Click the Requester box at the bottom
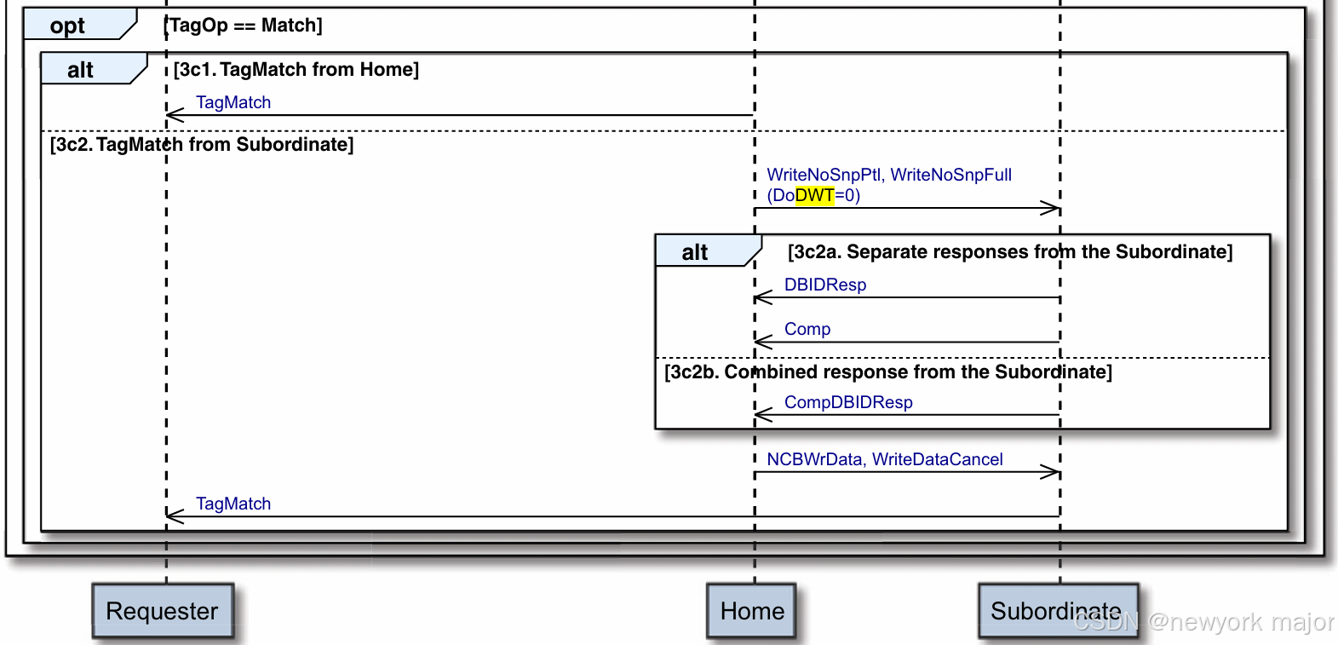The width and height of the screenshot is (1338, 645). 162,611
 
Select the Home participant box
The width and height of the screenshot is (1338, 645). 751,611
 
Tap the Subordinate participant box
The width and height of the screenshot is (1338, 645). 1056,610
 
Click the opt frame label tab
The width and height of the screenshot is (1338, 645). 68,26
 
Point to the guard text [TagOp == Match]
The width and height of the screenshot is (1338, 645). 244,26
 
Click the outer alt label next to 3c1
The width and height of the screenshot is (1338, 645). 81,70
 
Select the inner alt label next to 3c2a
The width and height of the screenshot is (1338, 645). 695,252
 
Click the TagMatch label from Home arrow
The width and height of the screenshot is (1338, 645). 233,102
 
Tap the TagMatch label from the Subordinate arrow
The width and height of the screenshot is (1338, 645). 233,504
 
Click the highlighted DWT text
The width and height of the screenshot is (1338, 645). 814,195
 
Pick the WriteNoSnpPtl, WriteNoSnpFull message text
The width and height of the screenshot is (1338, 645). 889,175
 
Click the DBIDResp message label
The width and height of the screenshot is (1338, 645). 824,285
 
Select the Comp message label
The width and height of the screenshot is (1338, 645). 807,329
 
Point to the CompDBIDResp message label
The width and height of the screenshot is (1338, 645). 847,402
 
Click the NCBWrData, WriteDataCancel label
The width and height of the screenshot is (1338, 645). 884,459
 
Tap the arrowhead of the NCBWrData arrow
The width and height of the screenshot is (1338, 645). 1053,472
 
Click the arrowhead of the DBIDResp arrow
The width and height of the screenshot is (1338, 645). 761,297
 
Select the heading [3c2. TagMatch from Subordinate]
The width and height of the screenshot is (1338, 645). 202,145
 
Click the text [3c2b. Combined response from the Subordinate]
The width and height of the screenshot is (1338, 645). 887,372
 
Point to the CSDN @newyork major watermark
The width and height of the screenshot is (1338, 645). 1203,622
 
